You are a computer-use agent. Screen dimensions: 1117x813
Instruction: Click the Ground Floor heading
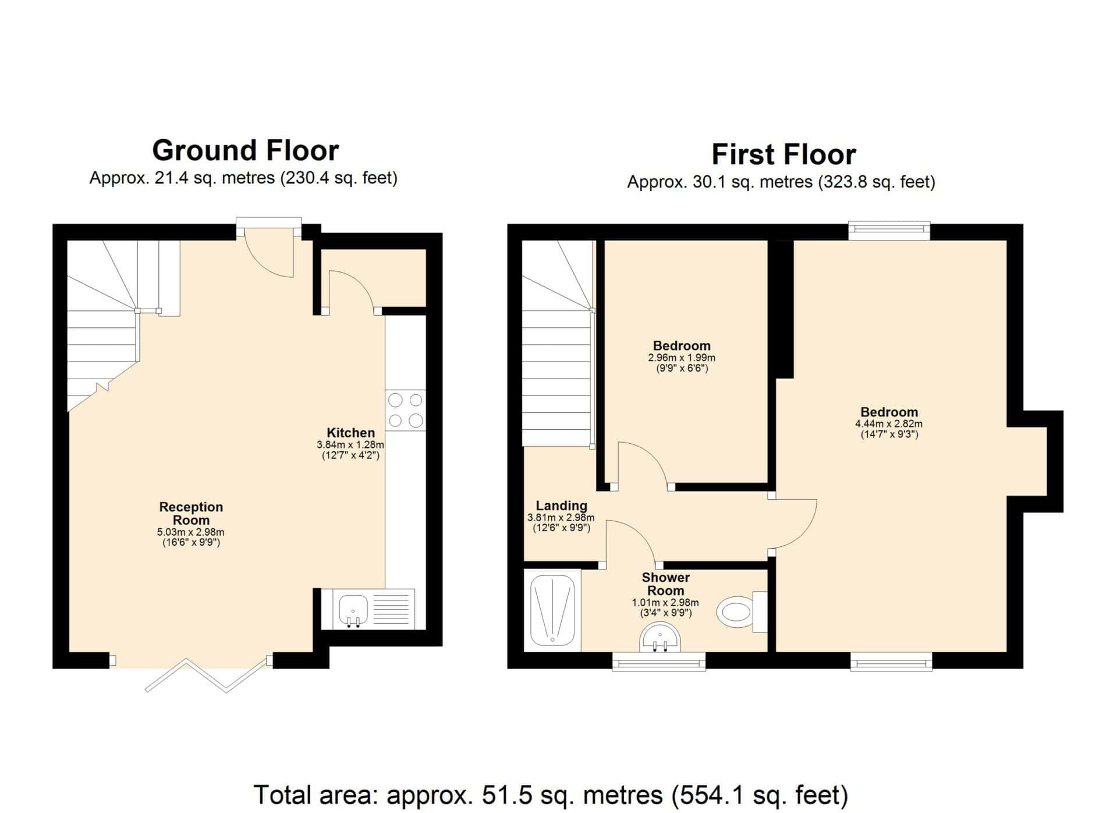point(245,150)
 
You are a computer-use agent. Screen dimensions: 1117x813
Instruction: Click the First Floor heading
point(783,155)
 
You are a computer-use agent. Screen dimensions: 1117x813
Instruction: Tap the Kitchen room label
point(350,433)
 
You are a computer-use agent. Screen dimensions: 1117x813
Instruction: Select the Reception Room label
point(191,513)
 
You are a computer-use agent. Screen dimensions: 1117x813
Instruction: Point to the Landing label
point(561,506)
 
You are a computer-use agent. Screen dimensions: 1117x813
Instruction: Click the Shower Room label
point(665,584)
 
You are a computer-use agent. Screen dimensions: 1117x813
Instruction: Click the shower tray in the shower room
point(552,610)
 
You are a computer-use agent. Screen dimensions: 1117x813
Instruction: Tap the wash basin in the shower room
point(660,638)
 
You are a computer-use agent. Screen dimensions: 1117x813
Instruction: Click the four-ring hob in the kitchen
point(405,410)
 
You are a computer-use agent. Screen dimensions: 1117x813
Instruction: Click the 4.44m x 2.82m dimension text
point(889,424)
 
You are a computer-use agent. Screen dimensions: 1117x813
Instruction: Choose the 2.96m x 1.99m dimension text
point(682,358)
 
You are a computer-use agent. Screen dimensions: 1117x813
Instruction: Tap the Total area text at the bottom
point(551,795)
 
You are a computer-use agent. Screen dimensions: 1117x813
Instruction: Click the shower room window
point(659,662)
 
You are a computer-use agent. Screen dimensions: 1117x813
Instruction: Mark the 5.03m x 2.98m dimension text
point(191,532)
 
